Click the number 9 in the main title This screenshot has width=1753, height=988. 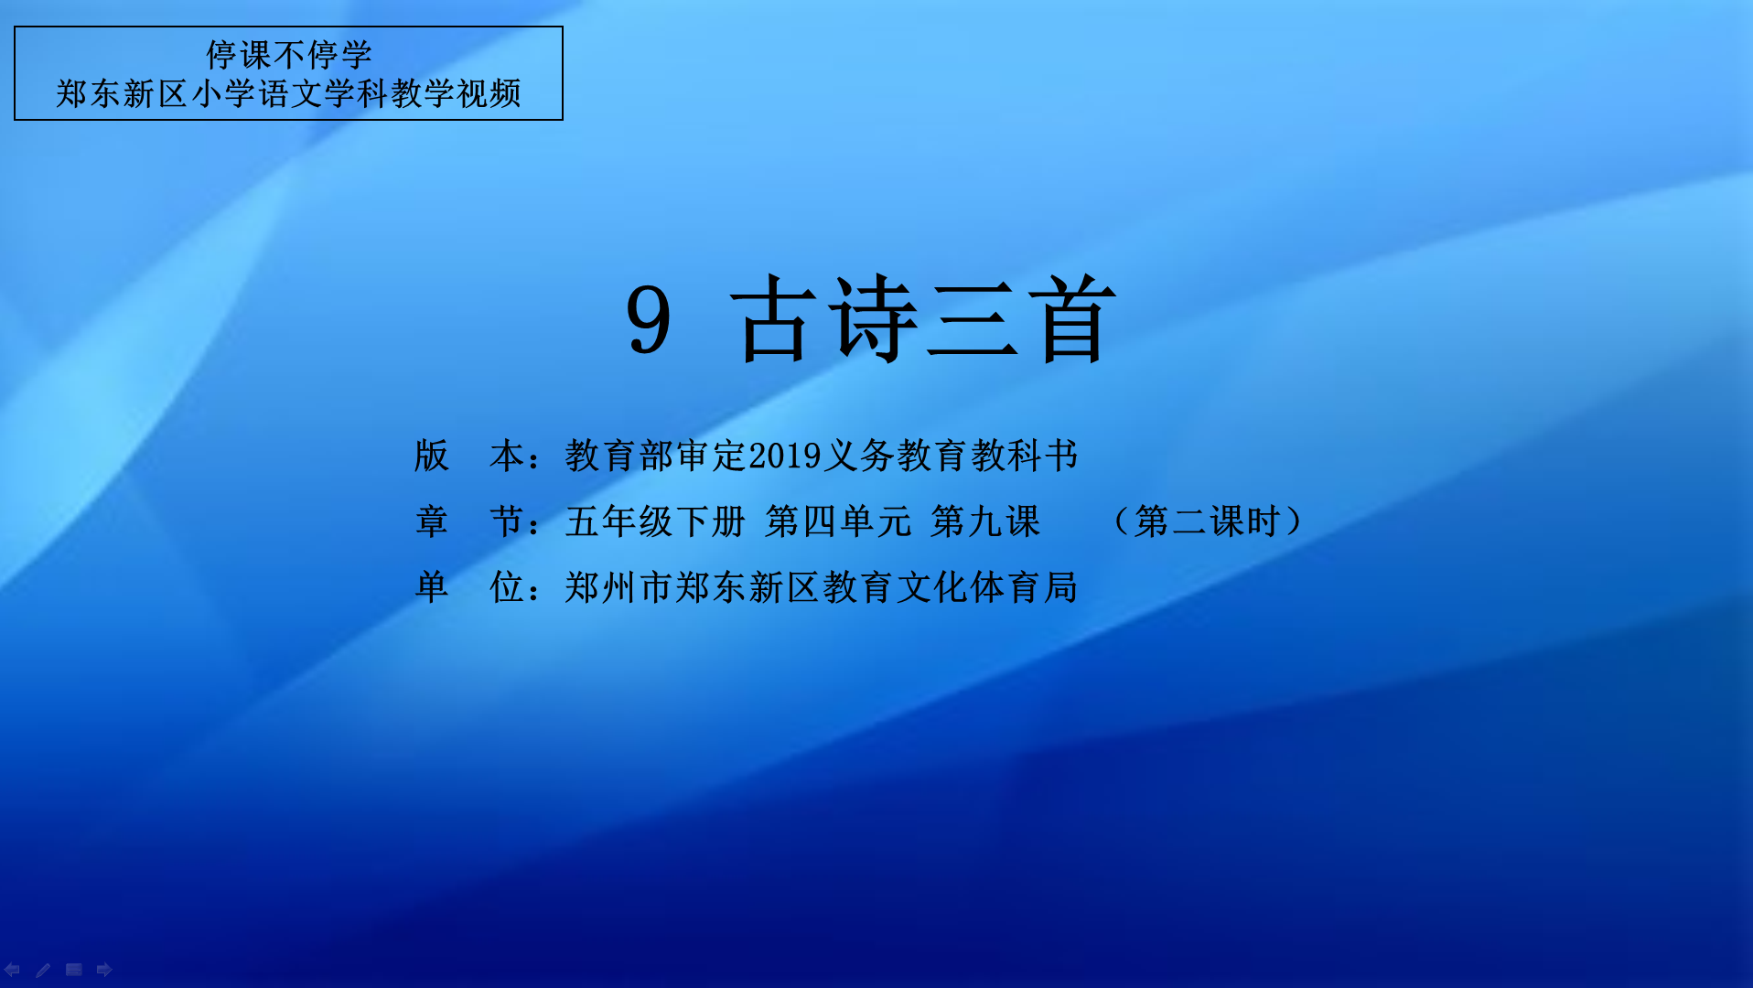point(649,319)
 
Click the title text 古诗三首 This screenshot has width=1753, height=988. point(924,319)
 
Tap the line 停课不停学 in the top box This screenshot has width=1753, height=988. point(289,55)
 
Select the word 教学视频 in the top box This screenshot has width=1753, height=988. point(456,93)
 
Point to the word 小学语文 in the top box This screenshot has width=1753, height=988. point(256,93)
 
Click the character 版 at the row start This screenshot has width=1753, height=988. point(432,456)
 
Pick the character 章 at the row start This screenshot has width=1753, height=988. point(432,521)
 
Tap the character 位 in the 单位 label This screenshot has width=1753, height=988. point(507,587)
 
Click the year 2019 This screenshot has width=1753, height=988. point(785,456)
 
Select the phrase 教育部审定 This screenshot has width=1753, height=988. point(656,456)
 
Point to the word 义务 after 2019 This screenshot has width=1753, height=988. point(859,456)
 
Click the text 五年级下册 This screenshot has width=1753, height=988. point(656,521)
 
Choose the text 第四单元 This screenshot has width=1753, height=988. point(839,521)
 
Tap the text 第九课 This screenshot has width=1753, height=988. point(986,521)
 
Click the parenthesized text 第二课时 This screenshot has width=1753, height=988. point(1208,521)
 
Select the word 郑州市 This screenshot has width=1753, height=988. point(619,587)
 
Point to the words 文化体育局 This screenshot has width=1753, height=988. point(987,587)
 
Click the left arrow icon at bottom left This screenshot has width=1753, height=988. point(12,970)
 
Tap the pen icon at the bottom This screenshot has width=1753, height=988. point(43,970)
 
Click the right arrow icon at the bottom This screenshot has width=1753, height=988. point(104,970)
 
